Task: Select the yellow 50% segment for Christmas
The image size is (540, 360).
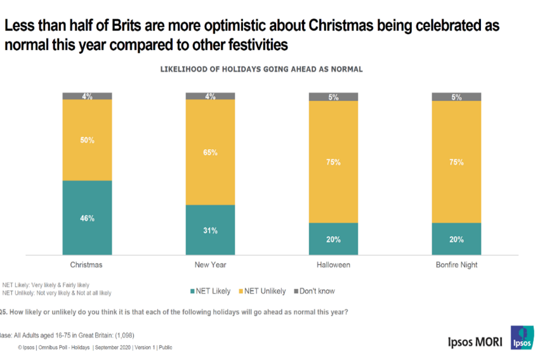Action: (87, 140)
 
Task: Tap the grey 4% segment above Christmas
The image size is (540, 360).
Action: (87, 96)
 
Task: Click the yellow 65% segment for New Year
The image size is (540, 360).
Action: (210, 152)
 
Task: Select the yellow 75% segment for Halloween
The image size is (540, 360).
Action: (333, 162)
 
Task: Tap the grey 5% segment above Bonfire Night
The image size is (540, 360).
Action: (456, 97)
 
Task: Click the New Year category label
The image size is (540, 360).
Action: (210, 264)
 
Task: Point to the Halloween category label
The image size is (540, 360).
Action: (333, 264)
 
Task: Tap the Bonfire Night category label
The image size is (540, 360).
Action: (456, 264)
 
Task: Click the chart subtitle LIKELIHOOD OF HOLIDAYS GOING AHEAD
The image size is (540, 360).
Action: (262, 70)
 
